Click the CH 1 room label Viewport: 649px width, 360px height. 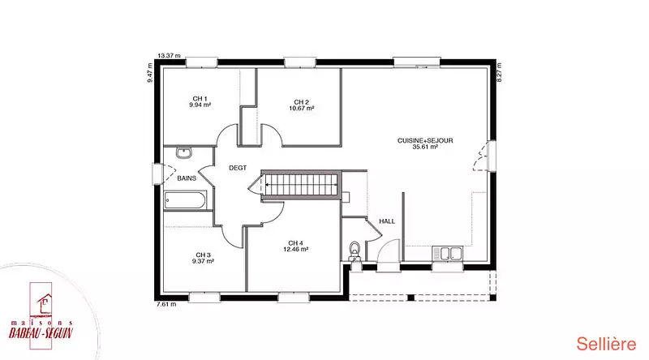(200, 98)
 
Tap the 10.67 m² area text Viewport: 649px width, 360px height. (301, 109)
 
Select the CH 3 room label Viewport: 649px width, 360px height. (204, 255)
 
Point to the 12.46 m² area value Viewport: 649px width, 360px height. (295, 250)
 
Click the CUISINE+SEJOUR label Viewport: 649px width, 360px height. (425, 141)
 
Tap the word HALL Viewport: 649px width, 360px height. (387, 221)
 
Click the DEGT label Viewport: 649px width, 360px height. (238, 168)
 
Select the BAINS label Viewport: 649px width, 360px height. (187, 178)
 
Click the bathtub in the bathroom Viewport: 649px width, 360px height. (185, 201)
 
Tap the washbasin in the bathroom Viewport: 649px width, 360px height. (184, 152)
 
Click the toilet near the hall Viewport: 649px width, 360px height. (355, 251)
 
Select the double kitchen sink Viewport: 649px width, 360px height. (447, 253)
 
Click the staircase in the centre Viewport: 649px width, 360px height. (300, 185)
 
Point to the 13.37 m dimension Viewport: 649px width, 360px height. (170, 55)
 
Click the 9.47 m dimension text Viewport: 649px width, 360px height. (150, 72)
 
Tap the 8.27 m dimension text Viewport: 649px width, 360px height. (499, 72)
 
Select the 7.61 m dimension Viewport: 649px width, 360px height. (166, 304)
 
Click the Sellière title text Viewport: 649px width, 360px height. (606, 344)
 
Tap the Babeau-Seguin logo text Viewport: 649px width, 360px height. (41, 332)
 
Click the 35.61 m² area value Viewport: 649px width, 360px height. (425, 147)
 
